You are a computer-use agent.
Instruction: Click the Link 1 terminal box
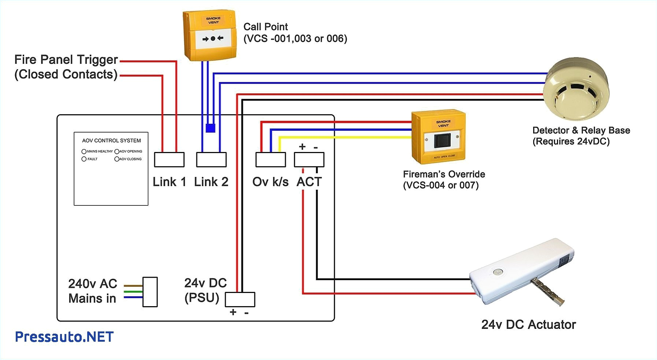pyautogui.click(x=169, y=160)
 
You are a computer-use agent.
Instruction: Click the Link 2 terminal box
pyautogui.click(x=211, y=160)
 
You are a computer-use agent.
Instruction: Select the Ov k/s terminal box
pyautogui.click(x=270, y=160)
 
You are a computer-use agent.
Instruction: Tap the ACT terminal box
pyautogui.click(x=309, y=160)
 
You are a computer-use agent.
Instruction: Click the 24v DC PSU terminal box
pyautogui.click(x=240, y=299)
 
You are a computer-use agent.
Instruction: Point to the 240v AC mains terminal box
pyautogui.click(x=150, y=292)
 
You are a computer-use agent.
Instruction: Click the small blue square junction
pyautogui.click(x=210, y=128)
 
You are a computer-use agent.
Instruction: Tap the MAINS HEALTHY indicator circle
pyautogui.click(x=84, y=151)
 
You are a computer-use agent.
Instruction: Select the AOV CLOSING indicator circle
pyautogui.click(x=117, y=159)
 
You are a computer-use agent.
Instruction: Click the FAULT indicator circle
pyautogui.click(x=84, y=159)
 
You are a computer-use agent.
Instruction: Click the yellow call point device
pyautogui.click(x=210, y=36)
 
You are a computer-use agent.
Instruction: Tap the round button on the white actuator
pyautogui.click(x=497, y=272)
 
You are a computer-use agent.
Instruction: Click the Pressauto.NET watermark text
pyautogui.click(x=64, y=337)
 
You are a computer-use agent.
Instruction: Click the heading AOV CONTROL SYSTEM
pyautogui.click(x=111, y=141)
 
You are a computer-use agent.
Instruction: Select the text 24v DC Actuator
pyautogui.click(x=528, y=324)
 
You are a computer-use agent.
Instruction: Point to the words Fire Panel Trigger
pyautogui.click(x=66, y=59)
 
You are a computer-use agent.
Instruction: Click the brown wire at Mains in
pyautogui.click(x=133, y=285)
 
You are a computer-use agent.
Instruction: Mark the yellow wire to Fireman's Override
pyautogui.click(x=344, y=137)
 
